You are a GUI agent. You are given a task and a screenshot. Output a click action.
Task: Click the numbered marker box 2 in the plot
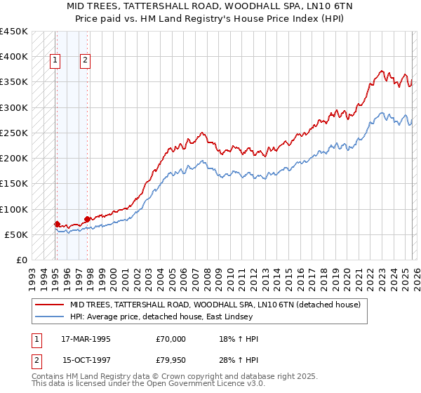[x=85, y=61]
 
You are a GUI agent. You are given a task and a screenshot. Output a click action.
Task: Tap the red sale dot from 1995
[x=57, y=224]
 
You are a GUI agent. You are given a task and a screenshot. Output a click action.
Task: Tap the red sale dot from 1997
[x=87, y=219]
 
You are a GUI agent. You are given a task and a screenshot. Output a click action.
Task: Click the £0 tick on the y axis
[x=21, y=260]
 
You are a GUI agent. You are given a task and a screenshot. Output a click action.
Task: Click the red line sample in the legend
[x=50, y=305]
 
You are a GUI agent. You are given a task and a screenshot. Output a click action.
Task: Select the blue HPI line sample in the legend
[x=50, y=318]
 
